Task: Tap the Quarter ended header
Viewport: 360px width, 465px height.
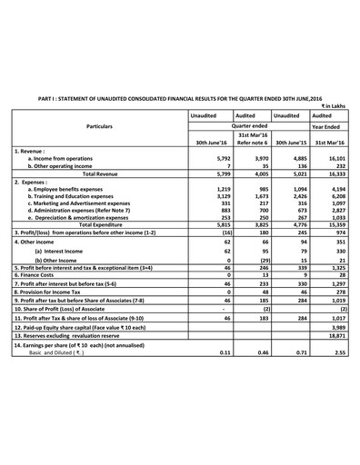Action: (239, 128)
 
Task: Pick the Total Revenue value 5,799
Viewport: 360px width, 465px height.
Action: (210, 173)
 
